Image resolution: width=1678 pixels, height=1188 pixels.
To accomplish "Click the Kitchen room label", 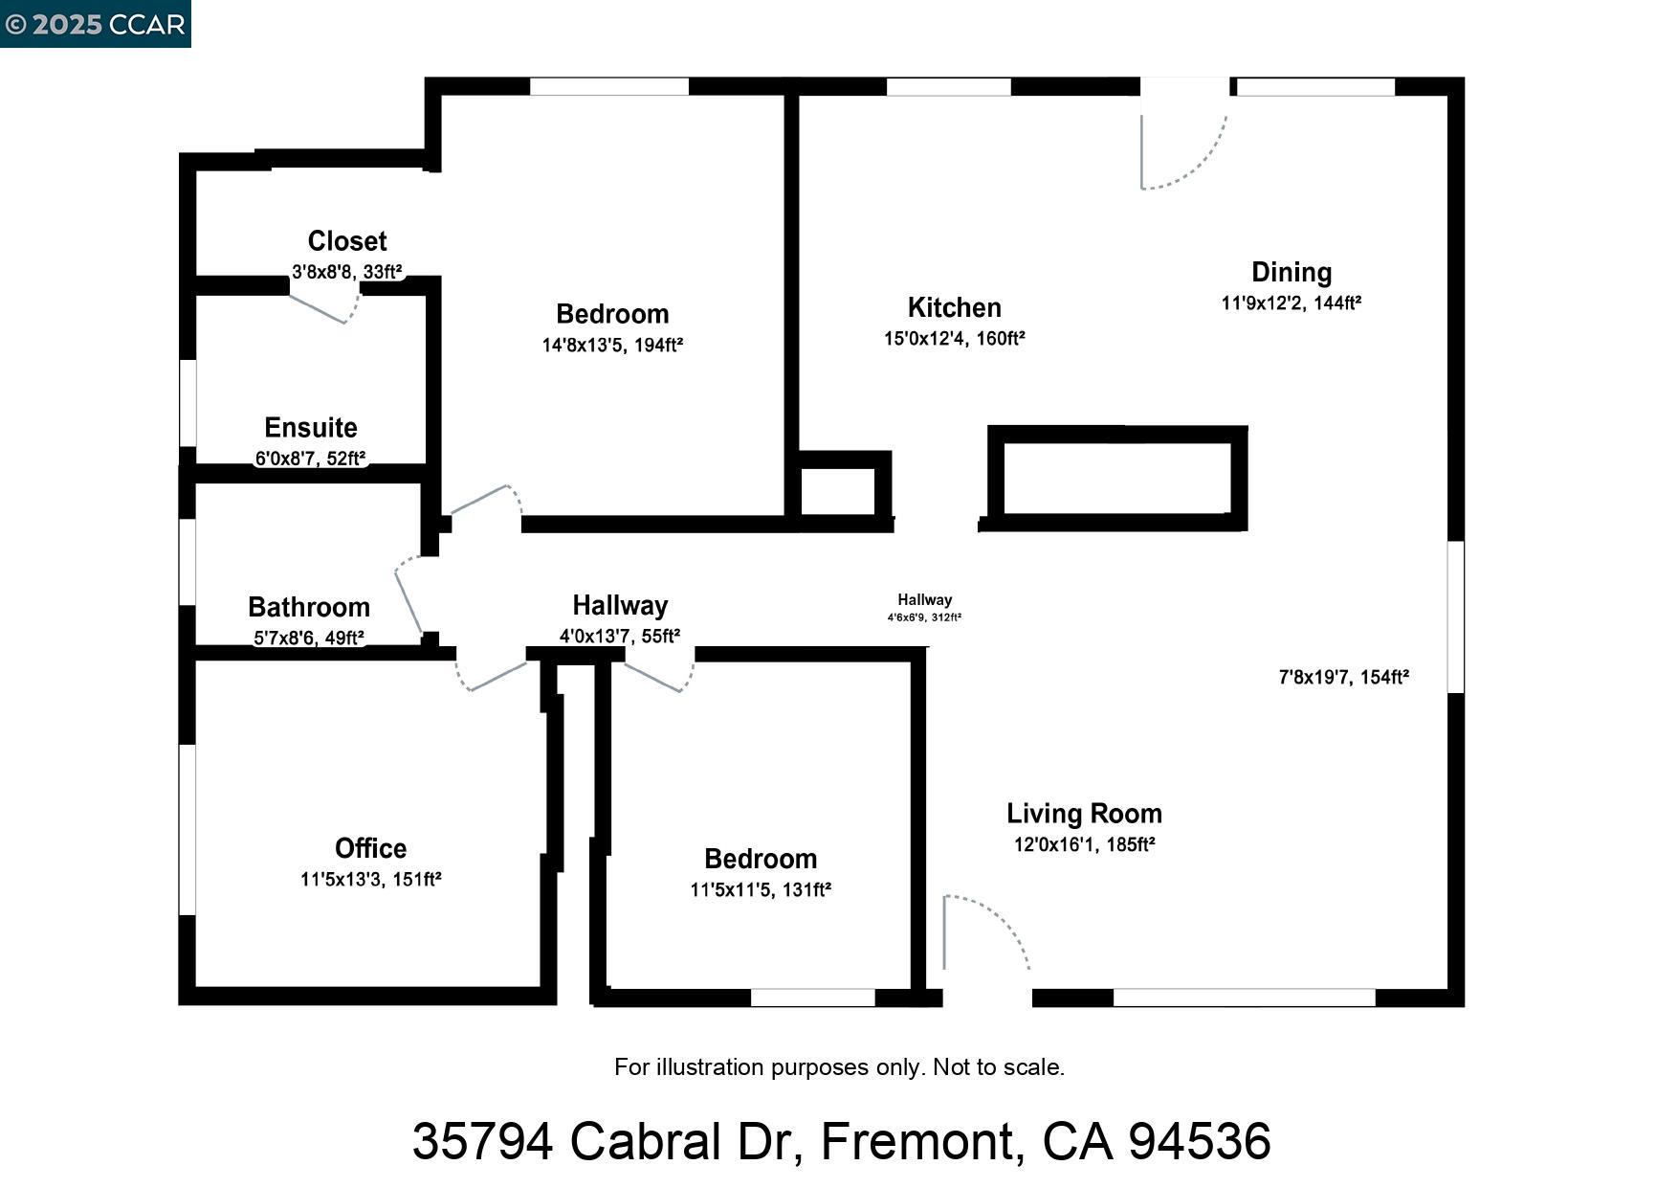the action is [x=954, y=308].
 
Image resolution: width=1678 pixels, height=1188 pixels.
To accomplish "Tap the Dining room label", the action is [x=1292, y=273].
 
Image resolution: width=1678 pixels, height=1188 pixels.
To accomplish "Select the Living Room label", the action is [x=1084, y=814].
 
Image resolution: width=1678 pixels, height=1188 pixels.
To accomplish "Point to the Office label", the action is [x=370, y=848].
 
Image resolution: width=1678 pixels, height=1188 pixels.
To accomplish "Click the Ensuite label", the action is [x=311, y=427].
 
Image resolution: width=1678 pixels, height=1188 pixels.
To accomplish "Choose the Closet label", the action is [x=347, y=241].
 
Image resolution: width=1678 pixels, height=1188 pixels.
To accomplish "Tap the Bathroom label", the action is [x=309, y=607].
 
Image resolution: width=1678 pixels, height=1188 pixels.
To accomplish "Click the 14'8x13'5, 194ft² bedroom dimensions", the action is [x=612, y=345].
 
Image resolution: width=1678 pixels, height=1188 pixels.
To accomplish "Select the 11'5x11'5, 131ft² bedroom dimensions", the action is [x=761, y=890].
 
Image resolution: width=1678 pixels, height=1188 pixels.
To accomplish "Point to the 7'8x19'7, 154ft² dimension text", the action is [x=1344, y=678].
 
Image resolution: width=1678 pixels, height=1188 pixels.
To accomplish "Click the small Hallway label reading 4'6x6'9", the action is [x=924, y=607].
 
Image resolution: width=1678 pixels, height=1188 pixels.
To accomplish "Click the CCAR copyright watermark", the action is [x=95, y=24].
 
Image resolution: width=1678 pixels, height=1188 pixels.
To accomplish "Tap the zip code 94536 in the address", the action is [x=1200, y=1141].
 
